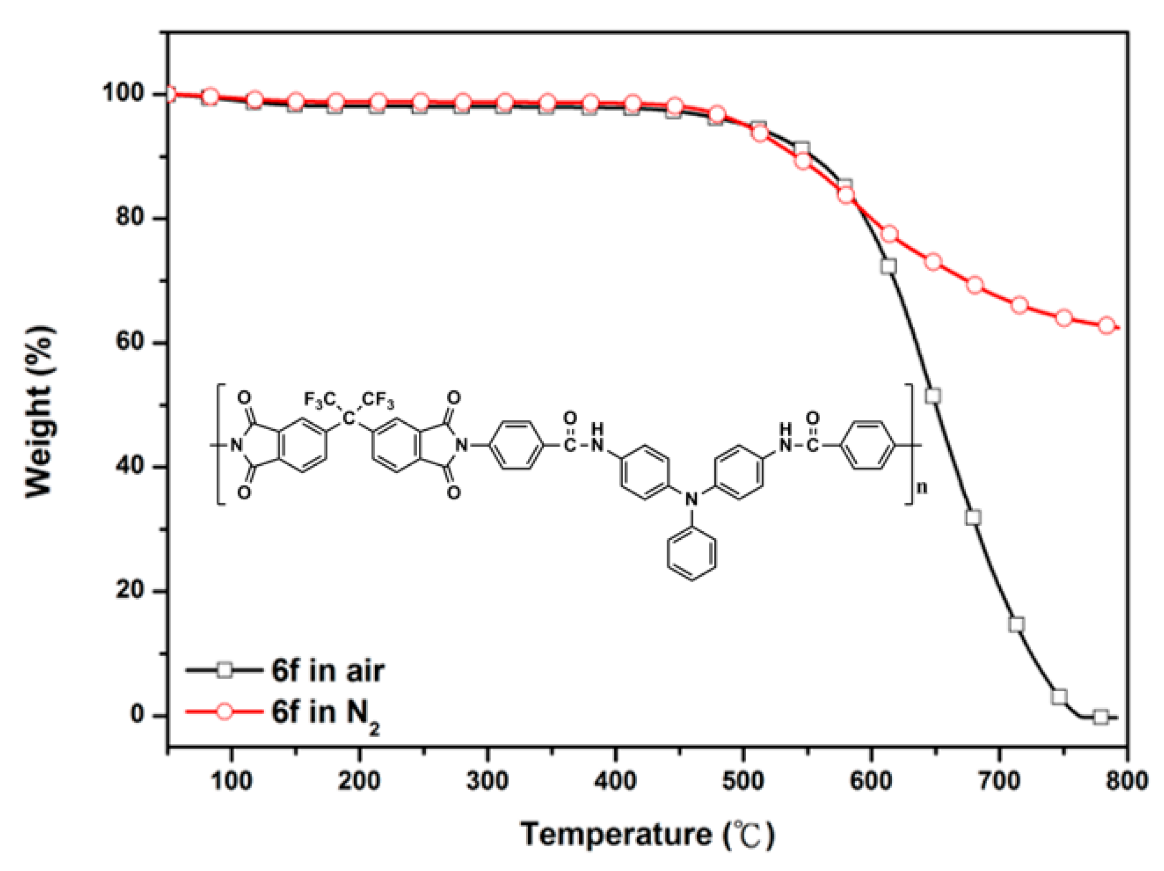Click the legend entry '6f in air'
point(327,671)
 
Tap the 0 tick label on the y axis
point(137,714)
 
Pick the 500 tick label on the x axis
point(743,781)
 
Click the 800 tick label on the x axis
point(1126,781)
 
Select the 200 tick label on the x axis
point(359,781)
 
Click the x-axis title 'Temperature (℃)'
point(647,834)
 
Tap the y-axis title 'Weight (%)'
point(40,412)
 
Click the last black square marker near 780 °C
point(1101,717)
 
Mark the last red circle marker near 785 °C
point(1107,325)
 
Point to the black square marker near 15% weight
point(1016,624)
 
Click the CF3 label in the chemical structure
point(378,400)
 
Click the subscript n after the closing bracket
point(922,488)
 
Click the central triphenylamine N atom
point(691,499)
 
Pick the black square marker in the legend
point(225,670)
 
